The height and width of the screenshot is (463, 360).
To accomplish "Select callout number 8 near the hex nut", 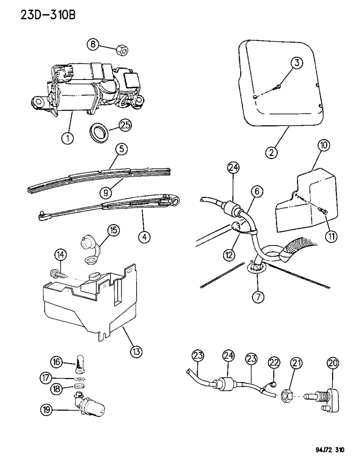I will tap(93, 45).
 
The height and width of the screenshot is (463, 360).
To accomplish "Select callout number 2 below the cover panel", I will tap(271, 152).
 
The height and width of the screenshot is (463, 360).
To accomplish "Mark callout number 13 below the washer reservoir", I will tap(137, 351).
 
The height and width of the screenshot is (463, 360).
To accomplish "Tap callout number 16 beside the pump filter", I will tap(56, 362).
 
